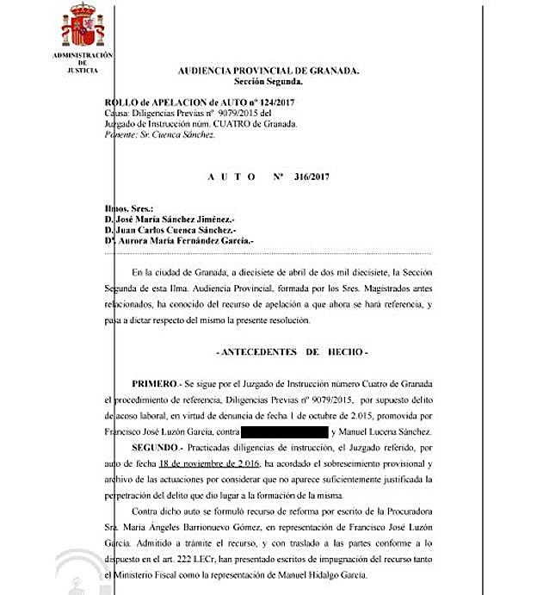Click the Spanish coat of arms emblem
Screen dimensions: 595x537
pyautogui.click(x=83, y=28)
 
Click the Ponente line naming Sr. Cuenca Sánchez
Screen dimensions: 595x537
pyautogui.click(x=158, y=134)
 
